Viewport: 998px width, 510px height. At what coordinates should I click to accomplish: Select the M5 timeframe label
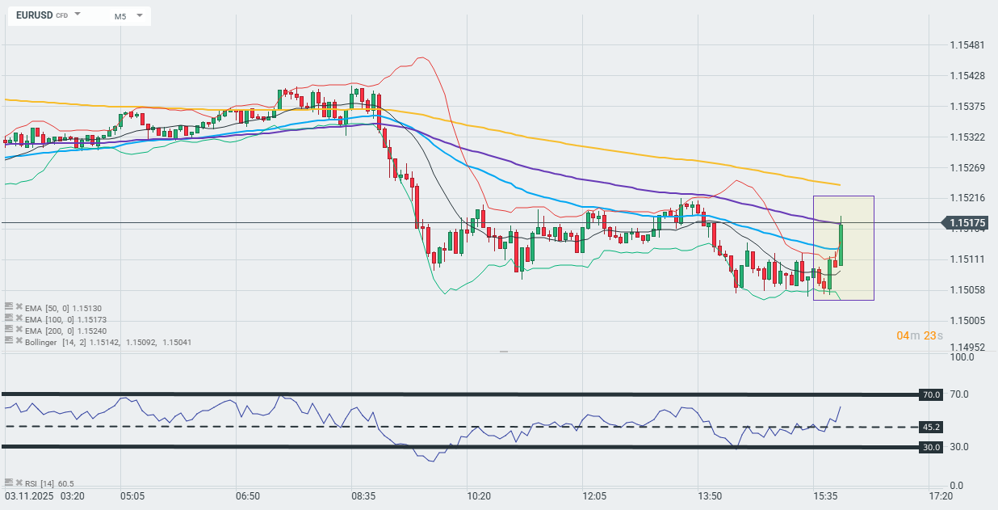tap(120, 16)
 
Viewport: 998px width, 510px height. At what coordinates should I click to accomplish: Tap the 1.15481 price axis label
tap(967, 44)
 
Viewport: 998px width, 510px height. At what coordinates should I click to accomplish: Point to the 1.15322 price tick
tap(967, 137)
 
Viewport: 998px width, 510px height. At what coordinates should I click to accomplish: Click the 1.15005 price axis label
tap(967, 321)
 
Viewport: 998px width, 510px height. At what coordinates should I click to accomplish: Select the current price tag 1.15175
tap(966, 222)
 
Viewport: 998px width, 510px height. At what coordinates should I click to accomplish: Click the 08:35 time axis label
tap(363, 495)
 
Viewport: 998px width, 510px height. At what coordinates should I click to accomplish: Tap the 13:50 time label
tap(711, 495)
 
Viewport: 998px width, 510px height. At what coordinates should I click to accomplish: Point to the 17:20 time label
tap(940, 495)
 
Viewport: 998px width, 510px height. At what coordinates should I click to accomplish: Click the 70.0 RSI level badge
tap(931, 394)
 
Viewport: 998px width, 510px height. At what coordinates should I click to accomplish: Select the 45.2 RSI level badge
tap(931, 427)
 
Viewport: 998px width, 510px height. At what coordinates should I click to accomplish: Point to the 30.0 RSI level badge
tap(931, 447)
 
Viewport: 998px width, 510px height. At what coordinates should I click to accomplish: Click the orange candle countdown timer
tap(919, 335)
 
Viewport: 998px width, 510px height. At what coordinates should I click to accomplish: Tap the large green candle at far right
tap(841, 244)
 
